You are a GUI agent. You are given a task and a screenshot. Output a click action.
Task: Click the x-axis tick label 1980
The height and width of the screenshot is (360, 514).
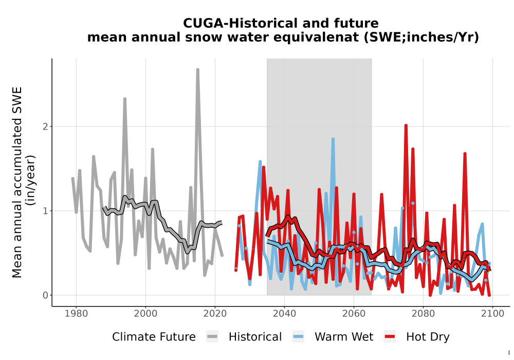(77, 313)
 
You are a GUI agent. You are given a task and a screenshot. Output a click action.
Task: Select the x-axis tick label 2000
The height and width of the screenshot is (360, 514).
(145, 313)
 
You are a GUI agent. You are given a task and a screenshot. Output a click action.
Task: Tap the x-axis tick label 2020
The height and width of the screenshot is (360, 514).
(215, 313)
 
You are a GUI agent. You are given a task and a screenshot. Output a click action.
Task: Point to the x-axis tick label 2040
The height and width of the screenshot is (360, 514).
(285, 313)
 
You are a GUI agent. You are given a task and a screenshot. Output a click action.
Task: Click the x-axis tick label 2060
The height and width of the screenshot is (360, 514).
(354, 313)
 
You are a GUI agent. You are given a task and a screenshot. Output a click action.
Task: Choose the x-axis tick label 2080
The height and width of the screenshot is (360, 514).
(423, 313)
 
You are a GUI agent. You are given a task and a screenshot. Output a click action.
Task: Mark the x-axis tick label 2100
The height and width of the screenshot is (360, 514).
(492, 313)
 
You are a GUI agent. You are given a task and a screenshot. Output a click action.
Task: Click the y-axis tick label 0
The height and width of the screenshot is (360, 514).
(45, 295)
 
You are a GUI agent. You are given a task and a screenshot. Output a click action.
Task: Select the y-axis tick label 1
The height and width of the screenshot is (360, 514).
(45, 211)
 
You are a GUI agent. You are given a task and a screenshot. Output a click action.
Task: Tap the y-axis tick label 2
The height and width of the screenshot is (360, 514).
(45, 127)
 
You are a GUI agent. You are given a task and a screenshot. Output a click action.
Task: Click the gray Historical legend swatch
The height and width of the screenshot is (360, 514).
(212, 336)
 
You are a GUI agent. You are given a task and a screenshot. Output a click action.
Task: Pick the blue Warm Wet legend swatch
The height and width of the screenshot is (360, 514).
(298, 336)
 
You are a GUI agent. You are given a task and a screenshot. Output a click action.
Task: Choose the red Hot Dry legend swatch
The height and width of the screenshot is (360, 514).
(390, 336)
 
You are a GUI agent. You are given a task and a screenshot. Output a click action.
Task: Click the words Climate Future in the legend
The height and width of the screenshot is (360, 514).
(154, 337)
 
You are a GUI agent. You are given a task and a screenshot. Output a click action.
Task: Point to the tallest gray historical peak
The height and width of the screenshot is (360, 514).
(198, 69)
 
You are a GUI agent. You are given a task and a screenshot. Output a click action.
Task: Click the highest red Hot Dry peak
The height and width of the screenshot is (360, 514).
(406, 125)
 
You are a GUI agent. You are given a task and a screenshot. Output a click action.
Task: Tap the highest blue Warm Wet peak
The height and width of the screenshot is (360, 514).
(333, 139)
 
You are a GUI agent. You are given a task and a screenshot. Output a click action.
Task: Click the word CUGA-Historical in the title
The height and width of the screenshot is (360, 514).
(240, 23)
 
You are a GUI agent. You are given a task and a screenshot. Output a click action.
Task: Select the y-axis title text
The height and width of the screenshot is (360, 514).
(23, 182)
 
